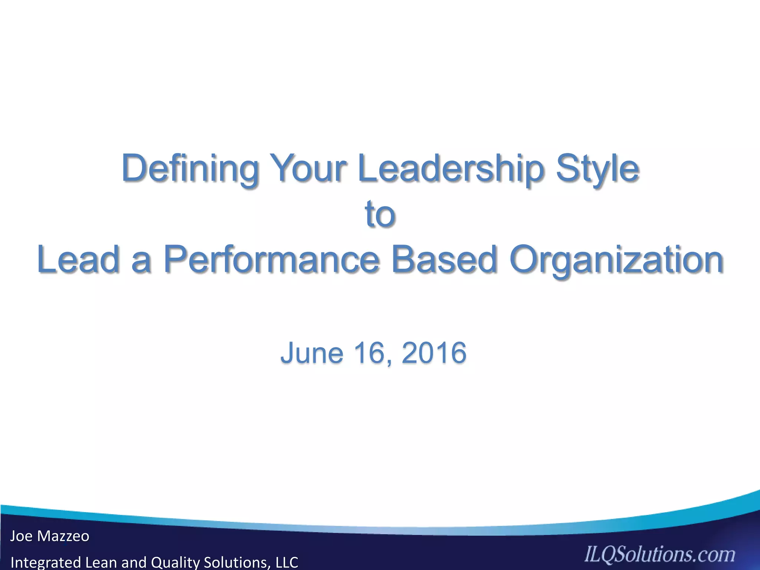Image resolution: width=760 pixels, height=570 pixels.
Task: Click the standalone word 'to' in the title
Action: pos(380,214)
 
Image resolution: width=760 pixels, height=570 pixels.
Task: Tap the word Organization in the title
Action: pos(616,260)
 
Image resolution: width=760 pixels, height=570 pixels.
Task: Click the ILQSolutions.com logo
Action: pos(659,555)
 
